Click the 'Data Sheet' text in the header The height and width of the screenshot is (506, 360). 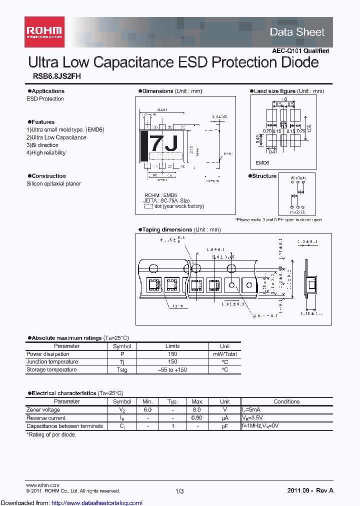[297, 32]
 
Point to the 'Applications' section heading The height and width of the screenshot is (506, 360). [47, 91]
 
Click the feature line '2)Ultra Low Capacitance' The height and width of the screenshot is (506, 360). [56, 137]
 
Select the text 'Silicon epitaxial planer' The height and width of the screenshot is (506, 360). [53, 183]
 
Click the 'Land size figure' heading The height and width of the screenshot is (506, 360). [274, 91]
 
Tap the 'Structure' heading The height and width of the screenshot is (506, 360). [264, 176]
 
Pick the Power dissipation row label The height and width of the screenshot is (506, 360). [48, 354]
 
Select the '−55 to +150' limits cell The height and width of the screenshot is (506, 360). [172, 370]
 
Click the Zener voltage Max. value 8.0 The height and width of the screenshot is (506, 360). [197, 409]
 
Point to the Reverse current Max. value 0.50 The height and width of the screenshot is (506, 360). [197, 418]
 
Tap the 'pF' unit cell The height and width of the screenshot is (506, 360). [225, 426]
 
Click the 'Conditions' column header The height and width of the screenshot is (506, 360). [286, 401]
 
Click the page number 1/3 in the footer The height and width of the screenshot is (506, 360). [180, 491]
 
